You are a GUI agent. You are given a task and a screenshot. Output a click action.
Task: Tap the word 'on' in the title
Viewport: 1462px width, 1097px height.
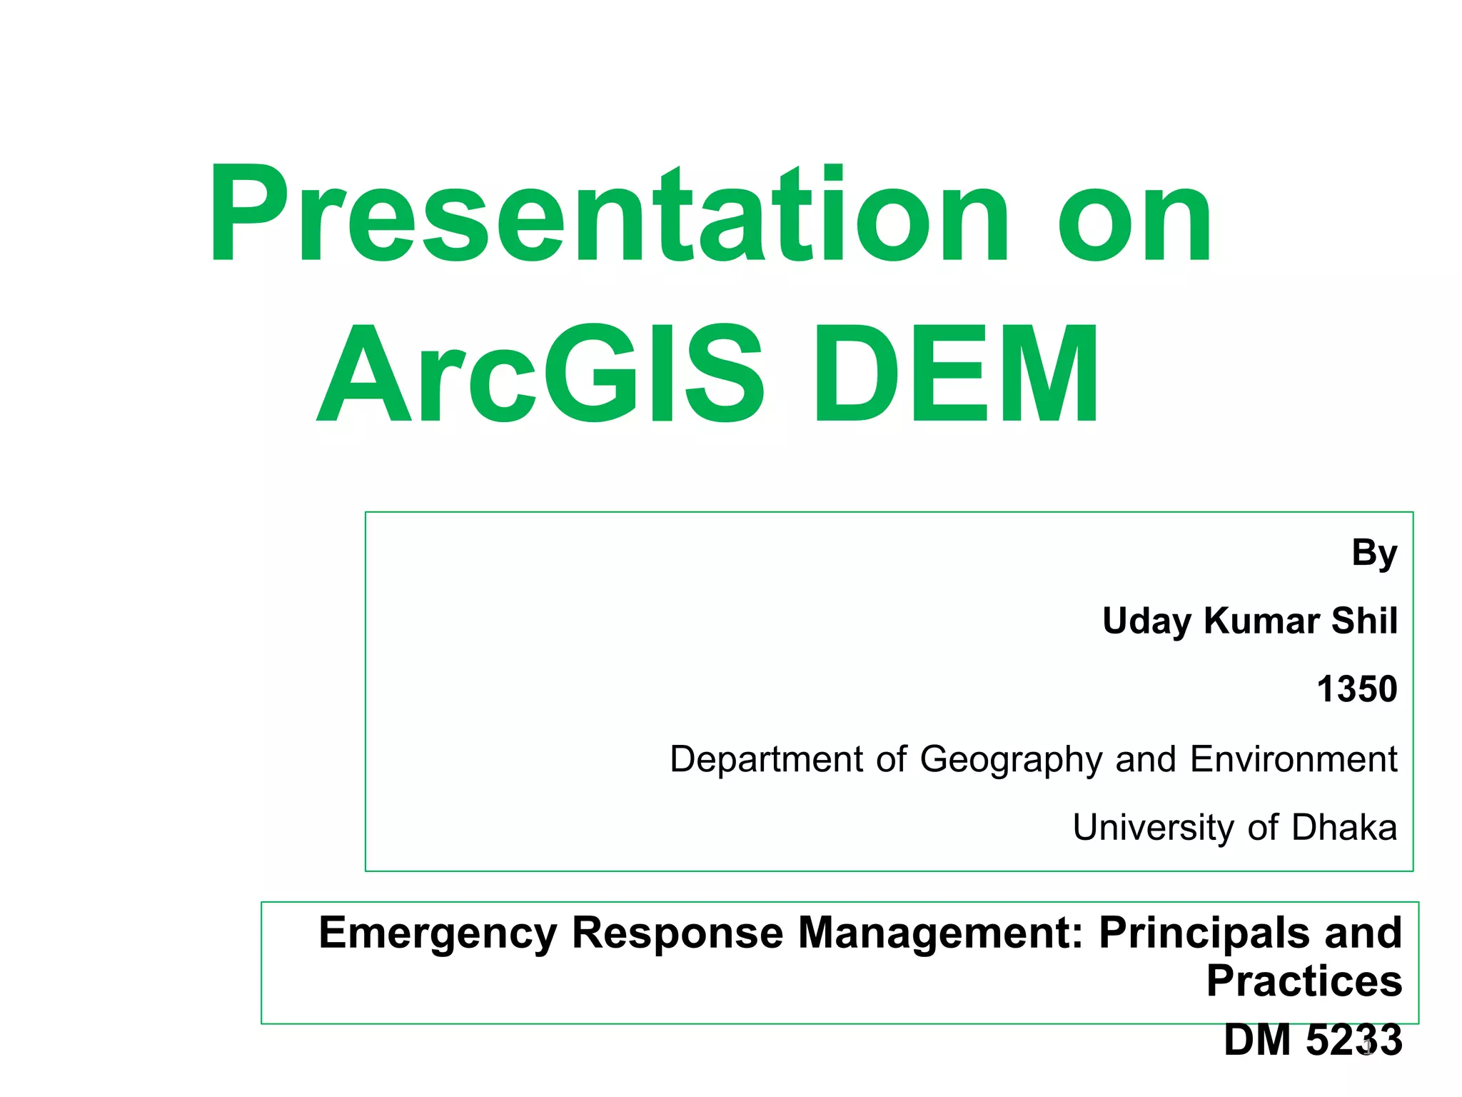click(x=1135, y=221)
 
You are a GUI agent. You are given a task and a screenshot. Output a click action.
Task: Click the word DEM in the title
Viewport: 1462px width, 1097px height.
click(x=957, y=374)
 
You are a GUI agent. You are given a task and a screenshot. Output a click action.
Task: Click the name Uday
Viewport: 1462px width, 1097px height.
click(x=1146, y=621)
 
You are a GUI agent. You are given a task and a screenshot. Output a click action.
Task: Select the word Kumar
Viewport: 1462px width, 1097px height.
click(x=1261, y=621)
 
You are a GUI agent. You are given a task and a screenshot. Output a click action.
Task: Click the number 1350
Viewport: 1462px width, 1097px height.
click(x=1356, y=689)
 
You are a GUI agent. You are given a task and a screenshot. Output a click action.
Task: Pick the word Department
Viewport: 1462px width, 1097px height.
click(x=766, y=759)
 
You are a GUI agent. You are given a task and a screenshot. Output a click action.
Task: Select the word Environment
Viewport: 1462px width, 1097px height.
click(x=1293, y=758)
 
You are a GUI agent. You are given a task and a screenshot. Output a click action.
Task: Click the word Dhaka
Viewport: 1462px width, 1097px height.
click(x=1344, y=827)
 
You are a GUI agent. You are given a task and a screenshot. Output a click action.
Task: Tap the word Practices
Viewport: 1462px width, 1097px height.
click(x=1304, y=981)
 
